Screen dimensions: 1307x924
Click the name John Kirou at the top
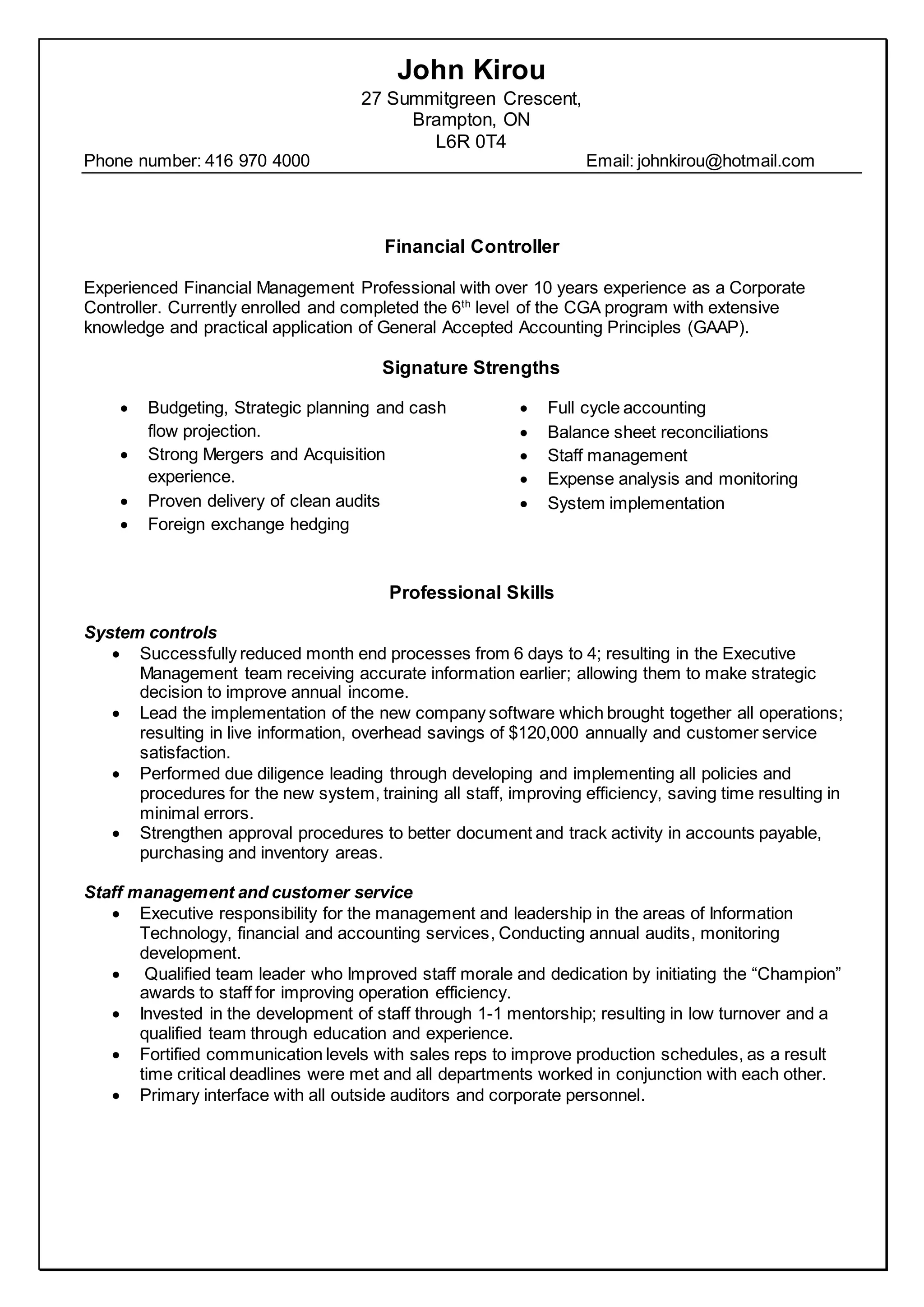[471, 70]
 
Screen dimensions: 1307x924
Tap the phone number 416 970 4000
[257, 161]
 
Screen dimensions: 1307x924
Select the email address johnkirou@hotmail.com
[725, 161]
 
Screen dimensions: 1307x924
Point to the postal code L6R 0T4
[471, 141]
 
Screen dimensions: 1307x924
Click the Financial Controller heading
[471, 246]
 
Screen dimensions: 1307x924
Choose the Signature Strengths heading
[471, 368]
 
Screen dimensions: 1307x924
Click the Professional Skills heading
[471, 593]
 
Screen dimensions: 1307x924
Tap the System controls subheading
[151, 632]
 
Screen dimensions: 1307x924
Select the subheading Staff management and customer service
[249, 892]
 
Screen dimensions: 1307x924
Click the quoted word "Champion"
[797, 973]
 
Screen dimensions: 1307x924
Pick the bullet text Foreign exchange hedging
[248, 524]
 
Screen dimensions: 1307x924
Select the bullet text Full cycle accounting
[626, 408]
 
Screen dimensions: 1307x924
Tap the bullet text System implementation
[636, 503]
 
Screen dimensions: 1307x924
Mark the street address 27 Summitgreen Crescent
[471, 99]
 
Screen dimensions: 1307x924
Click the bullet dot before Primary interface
[117, 1096]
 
